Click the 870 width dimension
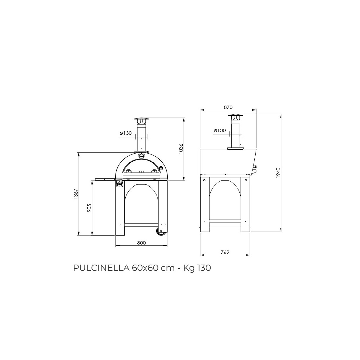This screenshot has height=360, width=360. point(228,107)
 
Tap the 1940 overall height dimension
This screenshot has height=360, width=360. point(278,173)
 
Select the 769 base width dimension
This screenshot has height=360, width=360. point(225,252)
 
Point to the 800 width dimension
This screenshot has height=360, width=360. point(141,243)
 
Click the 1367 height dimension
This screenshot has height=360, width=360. point(76,194)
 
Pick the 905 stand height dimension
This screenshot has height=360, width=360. point(89,208)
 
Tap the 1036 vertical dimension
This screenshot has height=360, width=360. point(181,149)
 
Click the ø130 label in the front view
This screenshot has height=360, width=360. point(126,133)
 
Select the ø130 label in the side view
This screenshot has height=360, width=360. point(220,130)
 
